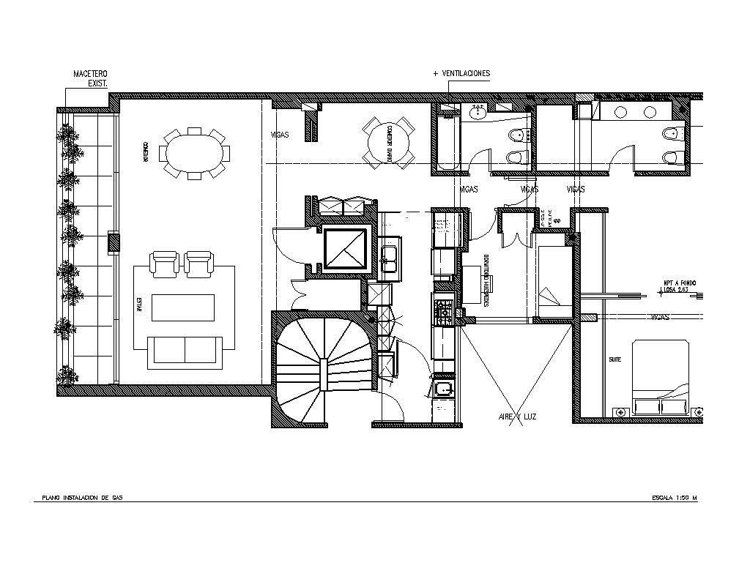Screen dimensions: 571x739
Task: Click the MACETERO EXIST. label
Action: pyautogui.click(x=90, y=79)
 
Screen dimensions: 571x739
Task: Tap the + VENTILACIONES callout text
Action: pyautogui.click(x=461, y=74)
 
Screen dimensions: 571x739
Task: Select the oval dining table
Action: pyautogui.click(x=194, y=153)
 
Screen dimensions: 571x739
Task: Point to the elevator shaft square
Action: pyautogui.click(x=344, y=250)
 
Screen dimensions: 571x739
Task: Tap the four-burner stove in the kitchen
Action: pyautogui.click(x=443, y=311)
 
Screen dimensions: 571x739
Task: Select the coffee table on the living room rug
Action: pyautogui.click(x=183, y=307)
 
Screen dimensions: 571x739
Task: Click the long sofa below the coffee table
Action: pyautogui.click(x=185, y=351)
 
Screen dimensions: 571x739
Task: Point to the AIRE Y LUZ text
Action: pyautogui.click(x=518, y=417)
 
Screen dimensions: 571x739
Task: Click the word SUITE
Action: pyautogui.click(x=614, y=360)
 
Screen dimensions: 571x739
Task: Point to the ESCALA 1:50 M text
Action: pyautogui.click(x=674, y=498)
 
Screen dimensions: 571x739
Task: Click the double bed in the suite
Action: pyautogui.click(x=659, y=377)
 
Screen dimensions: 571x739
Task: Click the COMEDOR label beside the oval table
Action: pyautogui.click(x=146, y=152)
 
